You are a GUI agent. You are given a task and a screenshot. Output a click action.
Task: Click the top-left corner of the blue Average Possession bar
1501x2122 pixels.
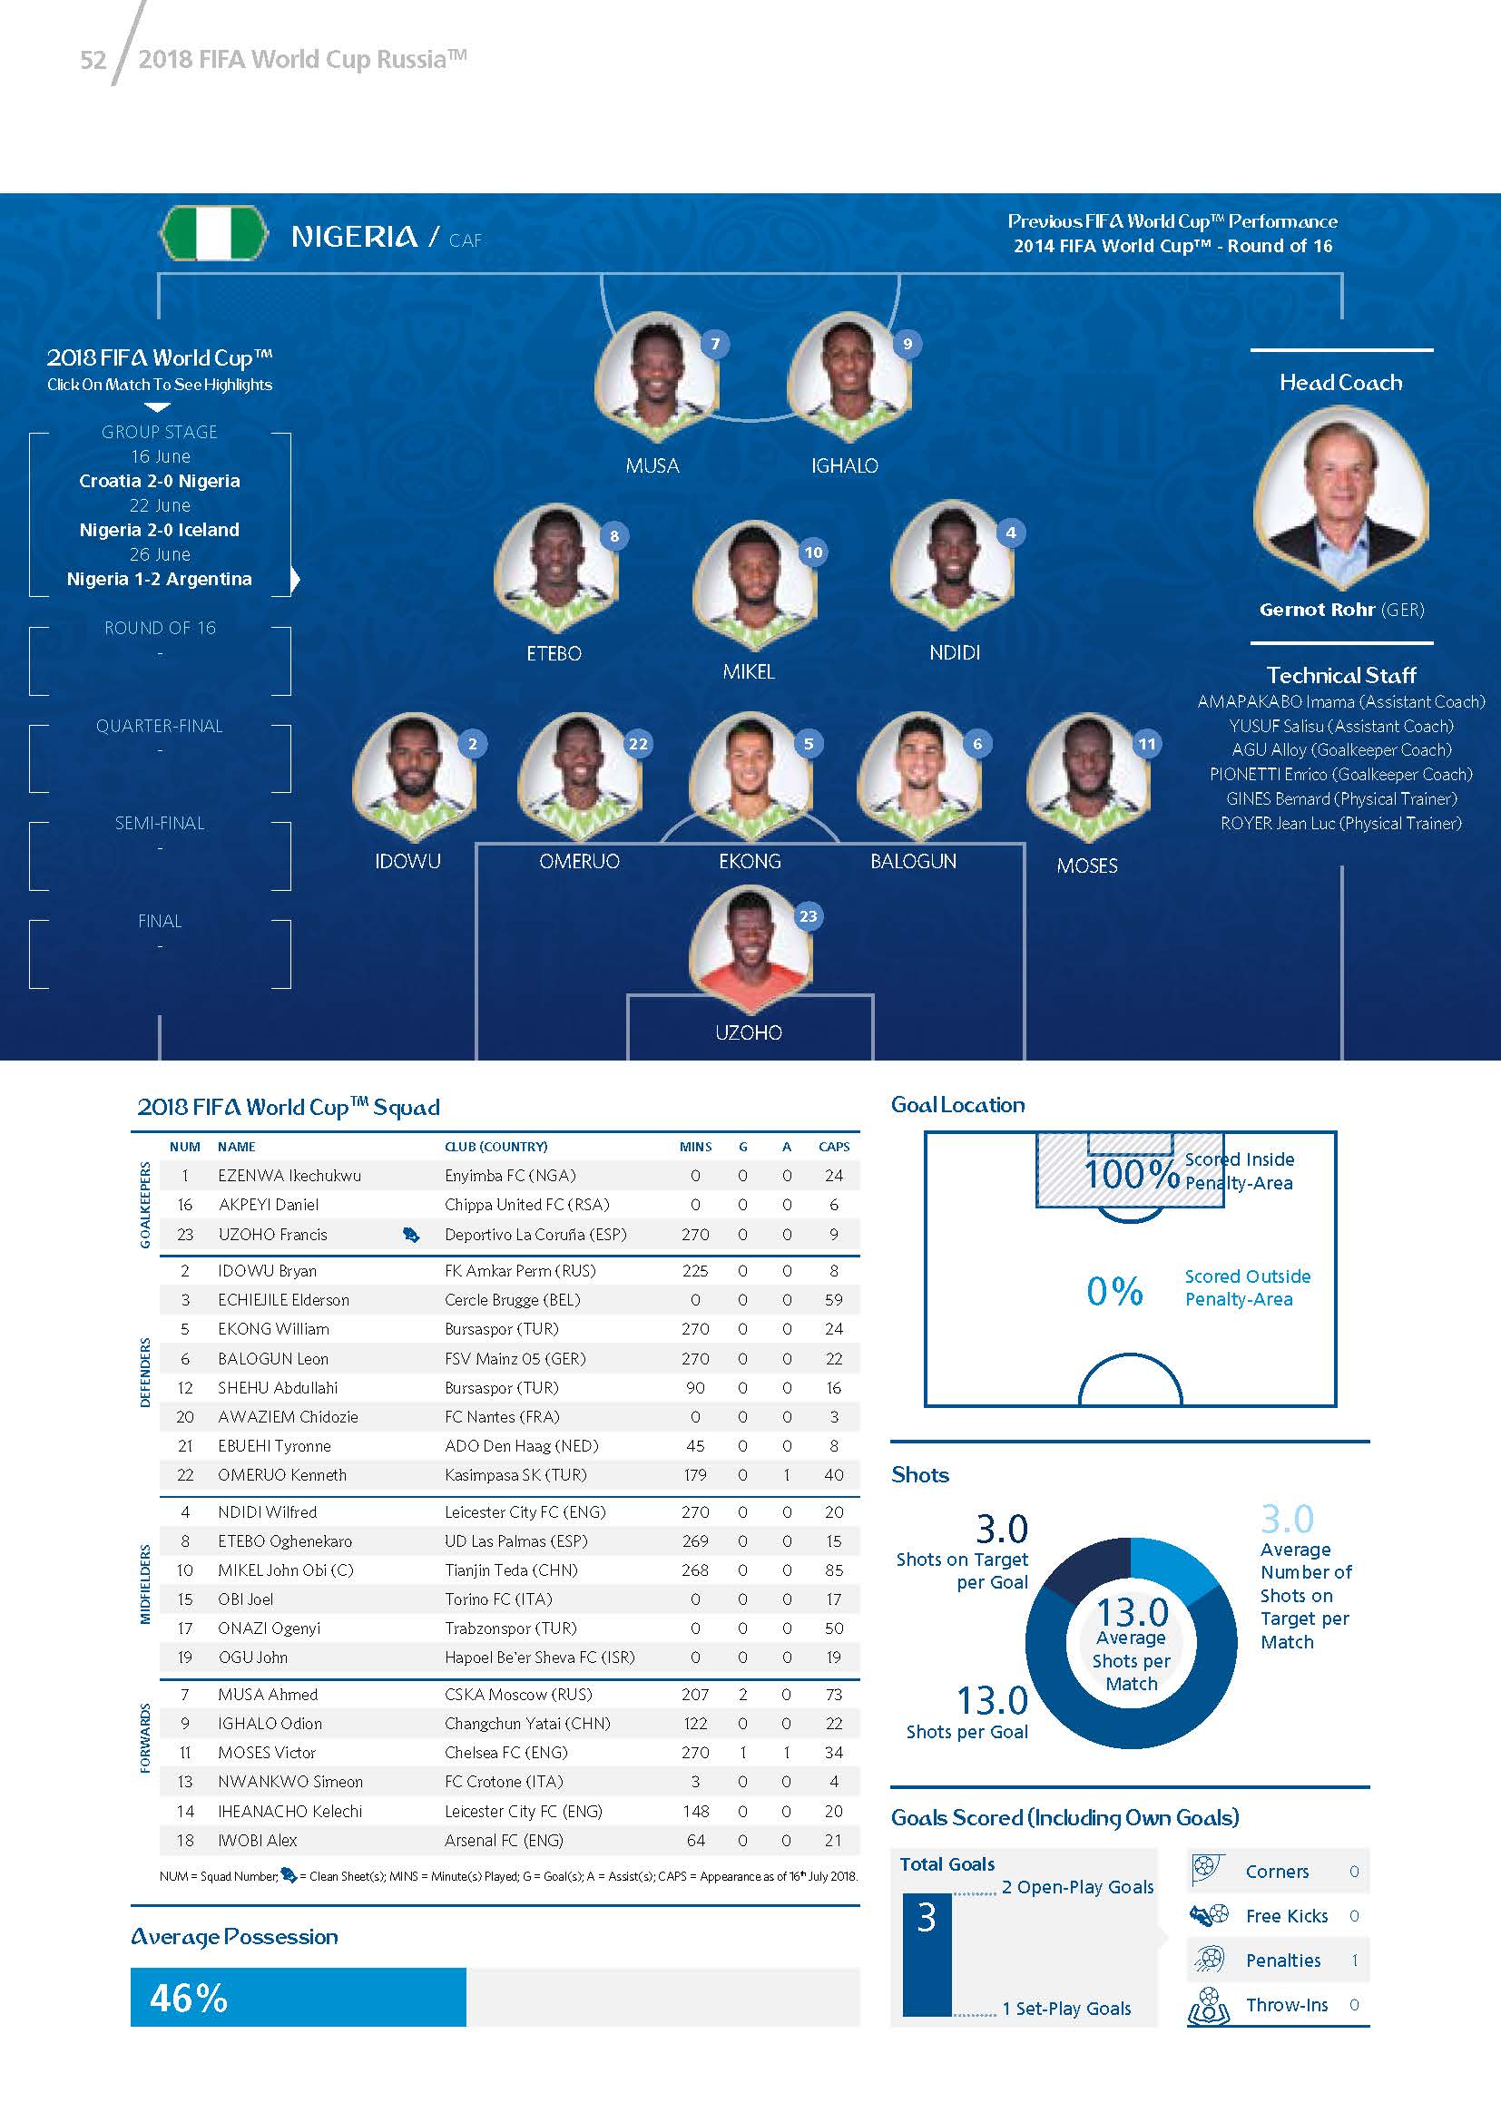click(131, 1969)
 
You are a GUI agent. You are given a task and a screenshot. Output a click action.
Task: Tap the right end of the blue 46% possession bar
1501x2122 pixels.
click(466, 1997)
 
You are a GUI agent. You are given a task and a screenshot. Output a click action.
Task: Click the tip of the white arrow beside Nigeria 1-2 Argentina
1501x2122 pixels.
click(300, 580)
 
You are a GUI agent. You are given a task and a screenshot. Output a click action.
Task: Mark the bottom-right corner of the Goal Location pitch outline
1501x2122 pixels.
click(1337, 1407)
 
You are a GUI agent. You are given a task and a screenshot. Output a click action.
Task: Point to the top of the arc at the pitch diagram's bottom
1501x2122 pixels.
click(1130, 1354)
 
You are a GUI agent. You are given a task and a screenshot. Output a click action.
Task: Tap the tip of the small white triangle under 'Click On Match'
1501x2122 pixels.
click(158, 411)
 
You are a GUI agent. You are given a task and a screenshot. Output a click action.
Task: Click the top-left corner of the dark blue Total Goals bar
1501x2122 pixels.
click(903, 1893)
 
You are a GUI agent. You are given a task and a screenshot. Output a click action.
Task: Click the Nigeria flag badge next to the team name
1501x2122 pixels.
click(214, 235)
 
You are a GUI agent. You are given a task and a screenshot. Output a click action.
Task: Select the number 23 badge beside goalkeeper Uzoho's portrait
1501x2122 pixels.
click(808, 916)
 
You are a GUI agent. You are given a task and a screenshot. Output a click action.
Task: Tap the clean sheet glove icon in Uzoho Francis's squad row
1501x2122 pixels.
click(411, 1235)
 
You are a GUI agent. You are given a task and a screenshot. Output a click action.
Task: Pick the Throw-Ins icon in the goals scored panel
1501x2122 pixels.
click(1208, 2006)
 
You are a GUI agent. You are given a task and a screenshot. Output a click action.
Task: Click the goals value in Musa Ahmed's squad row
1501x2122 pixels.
click(742, 1694)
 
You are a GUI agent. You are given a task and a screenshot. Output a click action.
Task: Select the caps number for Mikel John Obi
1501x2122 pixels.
click(834, 1569)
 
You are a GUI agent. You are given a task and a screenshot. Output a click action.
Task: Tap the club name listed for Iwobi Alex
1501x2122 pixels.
click(504, 1840)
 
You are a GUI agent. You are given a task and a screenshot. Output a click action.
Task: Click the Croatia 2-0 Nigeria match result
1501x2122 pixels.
click(159, 481)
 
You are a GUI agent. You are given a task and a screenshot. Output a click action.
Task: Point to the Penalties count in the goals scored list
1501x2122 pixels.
click(1354, 1961)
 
